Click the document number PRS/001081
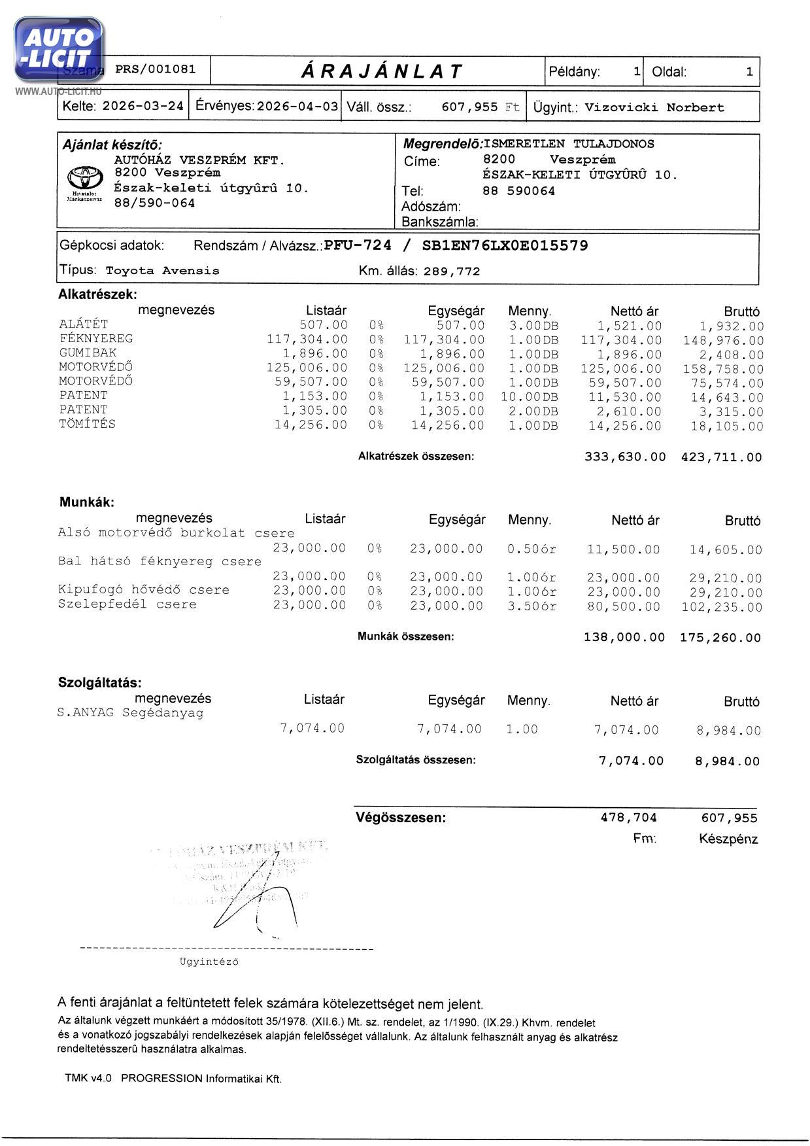pos(155,69)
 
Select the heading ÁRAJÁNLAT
pos(382,71)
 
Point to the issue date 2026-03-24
pos(143,106)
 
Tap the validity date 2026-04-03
pos(297,106)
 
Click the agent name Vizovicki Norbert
pos(654,107)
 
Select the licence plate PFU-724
pos(358,245)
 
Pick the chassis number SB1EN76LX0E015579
pos(505,245)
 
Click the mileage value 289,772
pos(452,271)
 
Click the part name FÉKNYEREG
pos(96,338)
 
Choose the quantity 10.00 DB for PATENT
pos(530,397)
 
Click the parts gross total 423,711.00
pos(721,457)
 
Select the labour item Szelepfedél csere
pos(127,604)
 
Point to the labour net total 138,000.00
pos(624,637)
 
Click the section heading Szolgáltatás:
pos(100,683)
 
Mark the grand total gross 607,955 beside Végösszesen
pos(729,818)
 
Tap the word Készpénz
pos(728,839)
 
